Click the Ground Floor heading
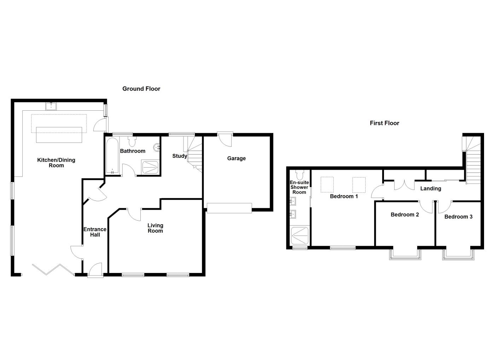point(141,89)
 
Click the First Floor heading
point(384,123)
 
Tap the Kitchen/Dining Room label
point(56,163)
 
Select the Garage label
point(236,158)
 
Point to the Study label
point(180,156)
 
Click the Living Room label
point(155,228)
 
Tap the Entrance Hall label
point(95,232)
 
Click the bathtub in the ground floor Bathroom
point(112,156)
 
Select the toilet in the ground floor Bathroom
point(132,141)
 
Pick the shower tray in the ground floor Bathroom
point(150,167)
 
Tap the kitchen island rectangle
point(59,134)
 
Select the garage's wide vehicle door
point(229,208)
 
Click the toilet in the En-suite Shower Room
point(300,175)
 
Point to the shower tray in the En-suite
point(299,236)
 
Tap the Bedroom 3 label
point(458,217)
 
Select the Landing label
point(430,188)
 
